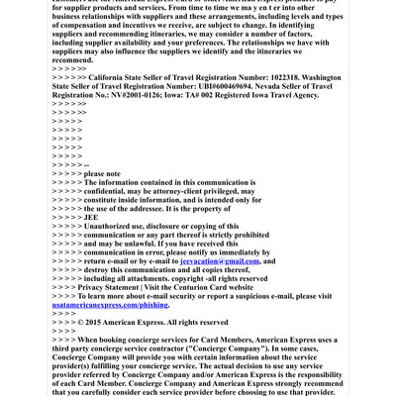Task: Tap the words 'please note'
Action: pos(102,173)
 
